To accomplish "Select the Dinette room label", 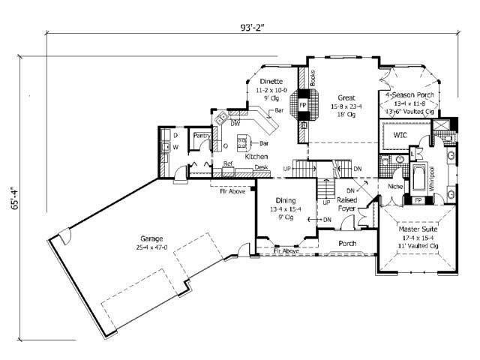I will tap(270, 81).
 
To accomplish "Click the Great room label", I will tap(346, 97).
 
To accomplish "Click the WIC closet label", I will tap(399, 136).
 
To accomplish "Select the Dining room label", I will tap(284, 201).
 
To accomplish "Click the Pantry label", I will tap(200, 136).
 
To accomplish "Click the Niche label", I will tap(395, 184).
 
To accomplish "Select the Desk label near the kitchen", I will tap(261, 166).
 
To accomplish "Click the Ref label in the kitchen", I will tap(227, 163).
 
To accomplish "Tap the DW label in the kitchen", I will tap(235, 123).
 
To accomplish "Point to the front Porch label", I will tap(346, 244).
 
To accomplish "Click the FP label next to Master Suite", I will tap(418, 201).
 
